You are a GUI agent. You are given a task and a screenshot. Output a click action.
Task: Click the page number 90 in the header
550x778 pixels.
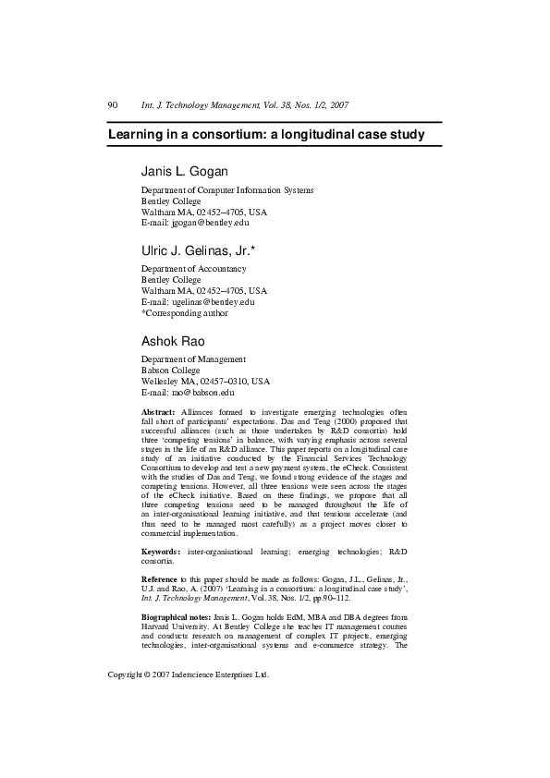tap(114, 105)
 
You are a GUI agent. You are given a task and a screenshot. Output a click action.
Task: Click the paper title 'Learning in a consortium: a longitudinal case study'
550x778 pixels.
tap(266, 135)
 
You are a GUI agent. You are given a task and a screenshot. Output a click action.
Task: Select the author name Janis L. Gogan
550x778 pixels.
tap(185, 172)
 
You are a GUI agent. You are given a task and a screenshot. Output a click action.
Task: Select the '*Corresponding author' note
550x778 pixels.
tap(184, 312)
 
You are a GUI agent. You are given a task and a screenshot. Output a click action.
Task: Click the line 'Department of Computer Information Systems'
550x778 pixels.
tap(227, 189)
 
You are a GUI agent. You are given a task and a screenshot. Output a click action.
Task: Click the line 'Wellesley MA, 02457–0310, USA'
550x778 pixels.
tap(205, 381)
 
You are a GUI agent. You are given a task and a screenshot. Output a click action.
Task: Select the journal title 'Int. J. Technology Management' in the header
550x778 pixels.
tap(195, 105)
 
